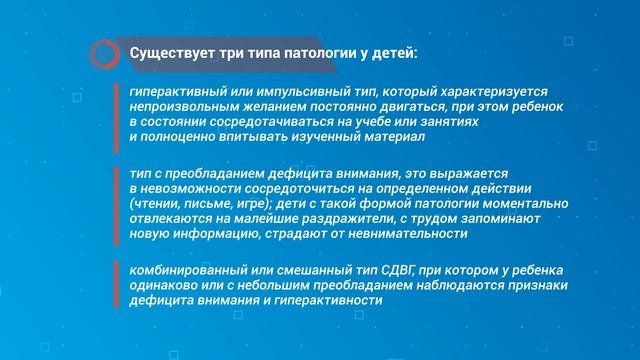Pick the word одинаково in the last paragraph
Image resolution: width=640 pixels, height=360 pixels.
[163, 287]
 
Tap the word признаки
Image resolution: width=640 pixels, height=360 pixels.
[529, 287]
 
